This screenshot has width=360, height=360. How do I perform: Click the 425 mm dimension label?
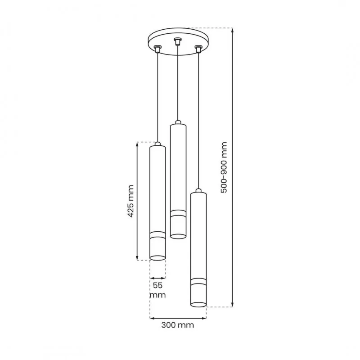[x=130, y=201]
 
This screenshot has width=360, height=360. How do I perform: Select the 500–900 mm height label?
[x=224, y=167]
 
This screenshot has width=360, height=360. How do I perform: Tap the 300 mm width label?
[x=177, y=325]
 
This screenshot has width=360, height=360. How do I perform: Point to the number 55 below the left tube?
[x=158, y=285]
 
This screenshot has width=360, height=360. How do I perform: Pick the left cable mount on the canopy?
[x=157, y=49]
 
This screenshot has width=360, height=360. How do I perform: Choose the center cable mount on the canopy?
[x=177, y=41]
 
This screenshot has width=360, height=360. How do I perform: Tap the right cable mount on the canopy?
[x=198, y=49]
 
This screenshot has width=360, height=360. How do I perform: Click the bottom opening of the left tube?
[x=157, y=258]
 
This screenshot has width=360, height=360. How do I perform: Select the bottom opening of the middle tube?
[x=178, y=236]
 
